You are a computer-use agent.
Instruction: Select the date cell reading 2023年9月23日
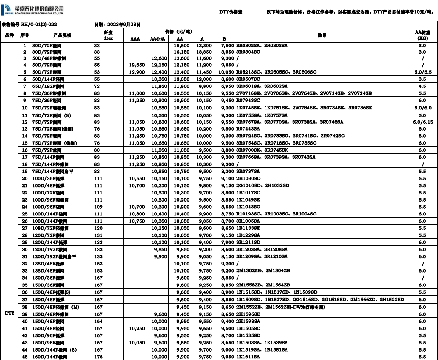click(117, 25)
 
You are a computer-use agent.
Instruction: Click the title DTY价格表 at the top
click(230, 11)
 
